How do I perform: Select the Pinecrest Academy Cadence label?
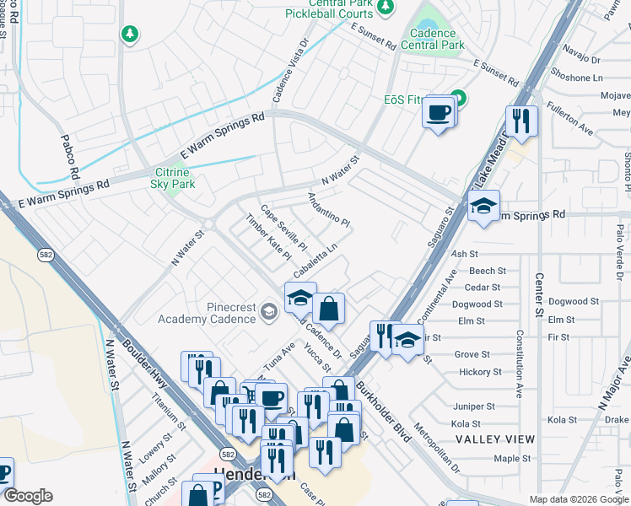207,313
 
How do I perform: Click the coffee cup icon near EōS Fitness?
439,113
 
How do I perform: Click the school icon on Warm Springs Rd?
483,207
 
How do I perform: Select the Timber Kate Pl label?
267,236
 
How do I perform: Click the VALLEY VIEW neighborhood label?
494,439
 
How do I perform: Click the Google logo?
27,496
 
